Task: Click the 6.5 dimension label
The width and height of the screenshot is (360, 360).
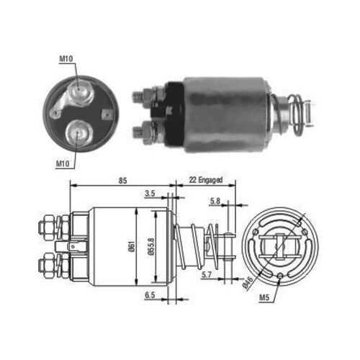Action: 149,295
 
